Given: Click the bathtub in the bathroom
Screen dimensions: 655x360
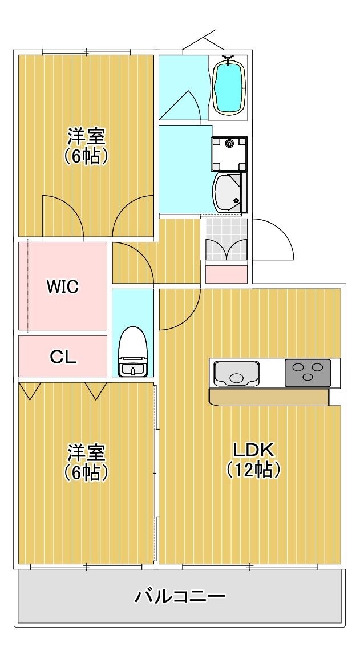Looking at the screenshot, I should click(x=229, y=88).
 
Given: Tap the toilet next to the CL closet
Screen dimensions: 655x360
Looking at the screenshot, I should click(x=134, y=351).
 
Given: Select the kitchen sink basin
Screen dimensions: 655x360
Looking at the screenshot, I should click(x=236, y=374).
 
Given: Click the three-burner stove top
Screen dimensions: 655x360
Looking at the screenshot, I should click(x=307, y=373).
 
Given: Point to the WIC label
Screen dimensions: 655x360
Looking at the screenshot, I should click(x=62, y=286).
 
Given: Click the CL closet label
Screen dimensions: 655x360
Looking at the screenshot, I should click(x=63, y=357).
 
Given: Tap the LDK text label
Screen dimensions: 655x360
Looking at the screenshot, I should click(x=254, y=450).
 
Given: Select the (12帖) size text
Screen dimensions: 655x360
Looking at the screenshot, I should click(x=254, y=470).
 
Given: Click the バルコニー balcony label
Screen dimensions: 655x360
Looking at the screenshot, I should click(x=180, y=597).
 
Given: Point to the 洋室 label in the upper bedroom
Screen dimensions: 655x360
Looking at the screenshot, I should click(x=86, y=137).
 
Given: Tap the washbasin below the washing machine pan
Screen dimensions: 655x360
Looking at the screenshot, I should click(x=228, y=192).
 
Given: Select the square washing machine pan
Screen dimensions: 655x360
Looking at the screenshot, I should click(x=229, y=153).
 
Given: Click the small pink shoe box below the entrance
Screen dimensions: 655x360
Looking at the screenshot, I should click(x=226, y=274).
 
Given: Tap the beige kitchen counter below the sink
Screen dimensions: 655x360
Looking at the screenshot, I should click(x=268, y=397).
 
